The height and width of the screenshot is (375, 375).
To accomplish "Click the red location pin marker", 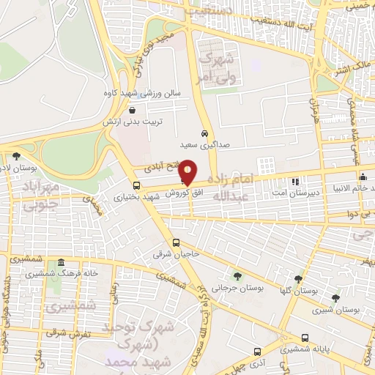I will pyautogui.click(x=187, y=172).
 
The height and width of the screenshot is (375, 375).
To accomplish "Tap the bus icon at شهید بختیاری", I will pyautogui.click(x=136, y=185).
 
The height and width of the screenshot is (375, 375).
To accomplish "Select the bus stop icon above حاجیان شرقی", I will pyautogui.click(x=176, y=243).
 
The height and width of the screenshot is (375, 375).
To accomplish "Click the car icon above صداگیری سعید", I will pyautogui.click(x=205, y=134).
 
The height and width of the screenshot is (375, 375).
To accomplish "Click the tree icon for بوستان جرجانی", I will pyautogui.click(x=237, y=275).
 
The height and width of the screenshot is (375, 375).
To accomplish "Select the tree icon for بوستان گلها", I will pyautogui.click(x=297, y=279).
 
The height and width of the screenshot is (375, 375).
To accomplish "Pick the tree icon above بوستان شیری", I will pyautogui.click(x=335, y=298).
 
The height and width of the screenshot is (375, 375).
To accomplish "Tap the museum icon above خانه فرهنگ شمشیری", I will pyautogui.click(x=62, y=263).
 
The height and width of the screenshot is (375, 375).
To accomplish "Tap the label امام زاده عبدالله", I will pyautogui.click(x=256, y=187).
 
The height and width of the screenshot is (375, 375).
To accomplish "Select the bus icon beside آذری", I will pyautogui.click(x=257, y=352).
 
